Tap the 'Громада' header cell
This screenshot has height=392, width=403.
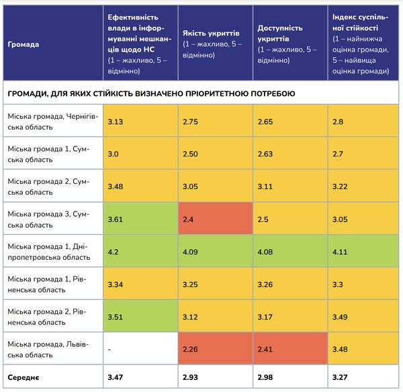click(x=24, y=44)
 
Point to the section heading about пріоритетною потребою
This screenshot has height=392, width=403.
click(x=151, y=93)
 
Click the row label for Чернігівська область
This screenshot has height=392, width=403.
click(x=52, y=121)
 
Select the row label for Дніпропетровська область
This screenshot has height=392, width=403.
click(x=52, y=251)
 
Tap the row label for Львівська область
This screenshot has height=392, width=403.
click(x=52, y=348)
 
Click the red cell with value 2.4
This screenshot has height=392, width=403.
click(x=214, y=219)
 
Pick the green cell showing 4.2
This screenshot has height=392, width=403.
click(x=139, y=251)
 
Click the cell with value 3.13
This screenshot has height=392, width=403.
click(x=139, y=121)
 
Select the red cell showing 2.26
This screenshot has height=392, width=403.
click(x=214, y=348)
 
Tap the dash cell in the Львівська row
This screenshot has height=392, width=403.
click(x=139, y=348)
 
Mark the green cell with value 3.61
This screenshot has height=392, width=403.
click(x=139, y=219)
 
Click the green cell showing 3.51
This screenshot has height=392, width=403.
click(x=139, y=316)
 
